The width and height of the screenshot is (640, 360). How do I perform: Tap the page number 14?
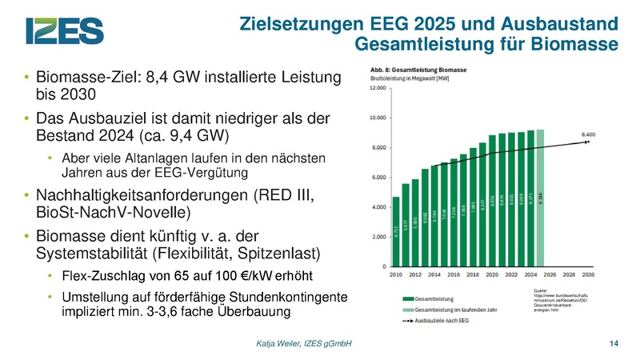[x=614, y=344]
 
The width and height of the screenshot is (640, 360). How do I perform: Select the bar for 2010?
[x=395, y=232]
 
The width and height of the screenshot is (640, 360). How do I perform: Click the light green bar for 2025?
[x=540, y=198]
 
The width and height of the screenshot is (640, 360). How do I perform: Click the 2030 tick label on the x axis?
[x=588, y=274]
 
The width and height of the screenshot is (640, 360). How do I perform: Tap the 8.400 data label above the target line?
[x=590, y=135]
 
